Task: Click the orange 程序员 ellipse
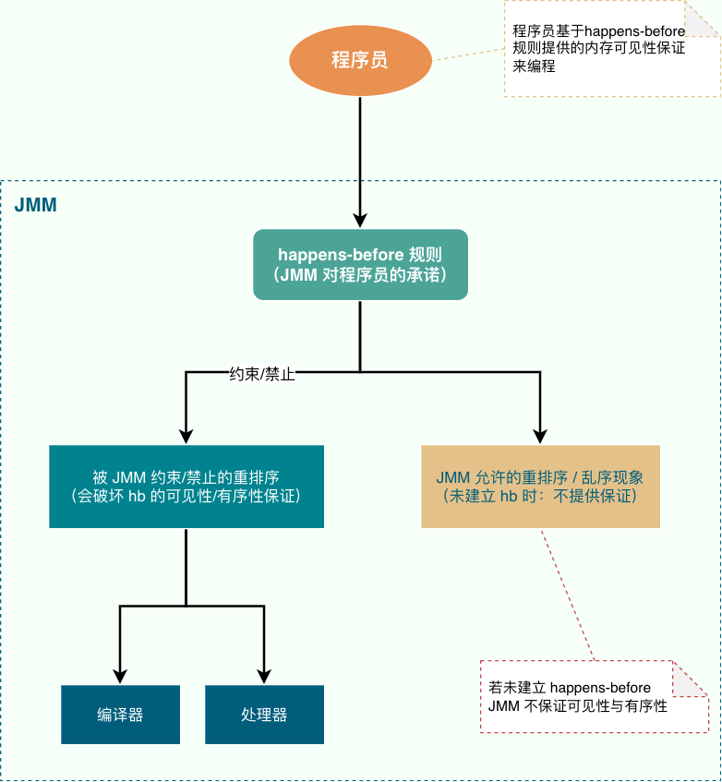tap(360, 61)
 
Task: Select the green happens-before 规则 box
tap(360, 264)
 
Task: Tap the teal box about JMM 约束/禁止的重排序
tap(186, 487)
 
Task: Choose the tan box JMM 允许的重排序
tap(540, 487)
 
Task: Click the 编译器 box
tap(121, 715)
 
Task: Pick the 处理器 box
tap(264, 715)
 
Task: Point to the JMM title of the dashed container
tap(36, 205)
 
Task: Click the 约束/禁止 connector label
tap(261, 375)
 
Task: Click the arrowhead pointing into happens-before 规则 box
tap(360, 221)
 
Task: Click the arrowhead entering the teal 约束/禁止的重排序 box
tap(186, 436)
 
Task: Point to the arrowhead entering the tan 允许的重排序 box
tap(540, 436)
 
